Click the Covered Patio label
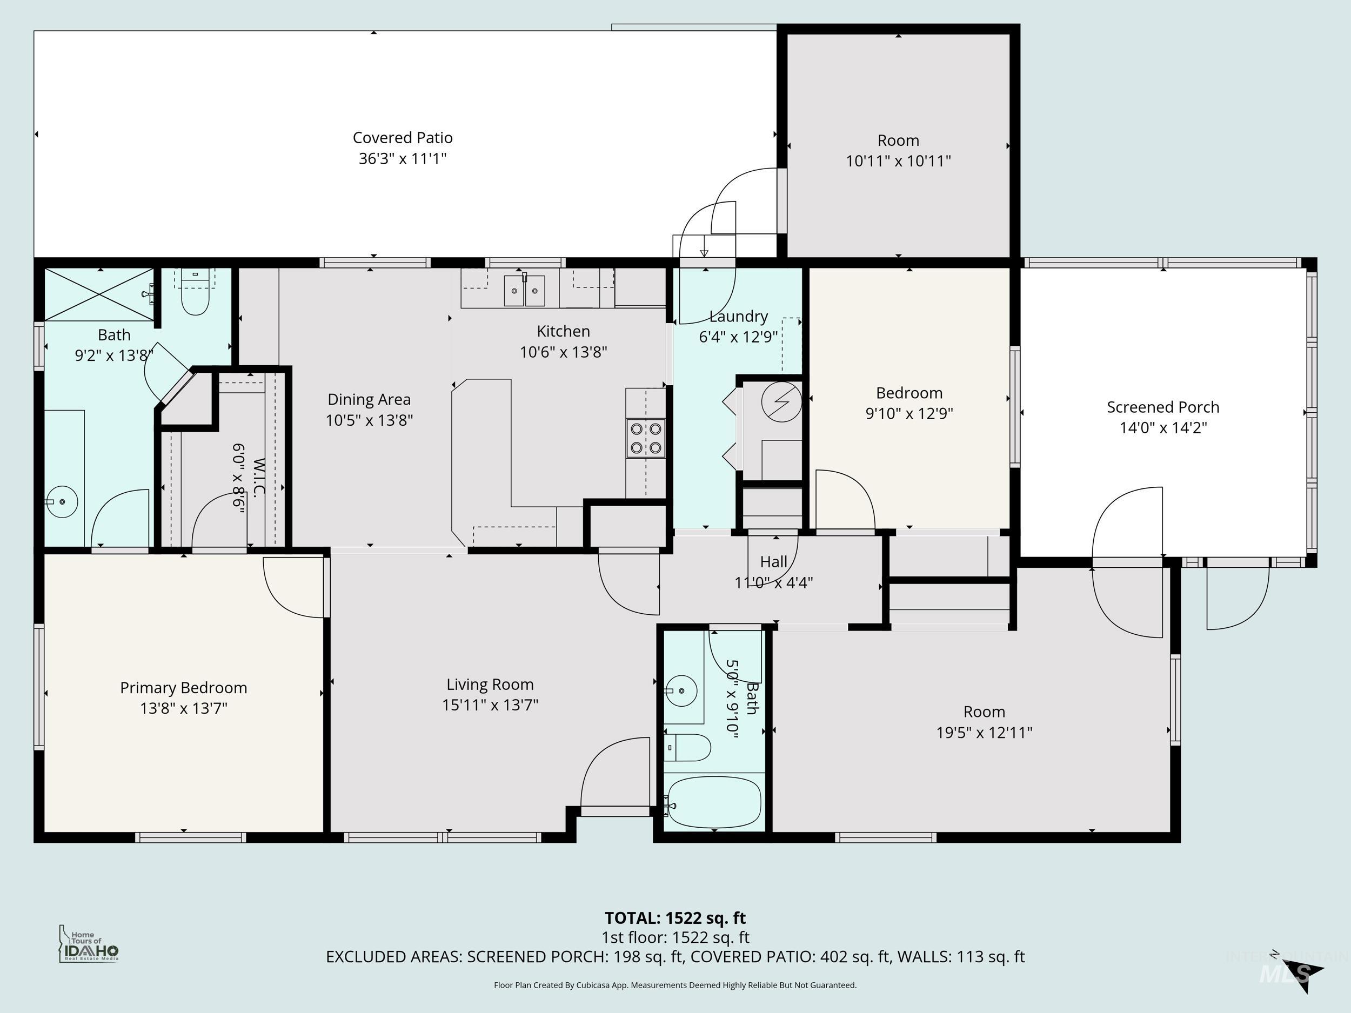pyautogui.click(x=403, y=138)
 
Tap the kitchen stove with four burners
pyautogui.click(x=646, y=438)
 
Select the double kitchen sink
pyautogui.click(x=524, y=291)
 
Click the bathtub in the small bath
pyautogui.click(x=714, y=802)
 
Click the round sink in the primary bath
pyautogui.click(x=62, y=501)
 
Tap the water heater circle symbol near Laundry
pyautogui.click(x=781, y=402)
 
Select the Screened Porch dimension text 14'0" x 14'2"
pyautogui.click(x=1163, y=427)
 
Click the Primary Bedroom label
pyautogui.click(x=183, y=688)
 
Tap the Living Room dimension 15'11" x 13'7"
pyautogui.click(x=490, y=705)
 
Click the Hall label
pyautogui.click(x=773, y=562)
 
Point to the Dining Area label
pyautogui.click(x=369, y=399)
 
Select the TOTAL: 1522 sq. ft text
pyautogui.click(x=675, y=918)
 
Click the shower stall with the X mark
pyautogui.click(x=98, y=294)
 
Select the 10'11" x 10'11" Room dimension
pyautogui.click(x=898, y=160)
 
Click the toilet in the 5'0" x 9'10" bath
pyautogui.click(x=688, y=747)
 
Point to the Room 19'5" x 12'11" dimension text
pyautogui.click(x=984, y=732)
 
